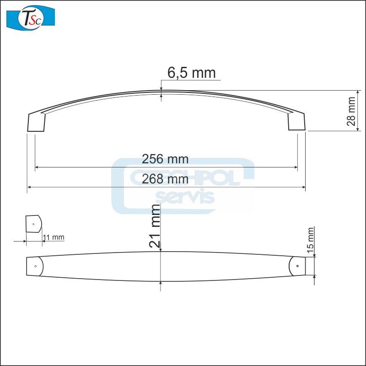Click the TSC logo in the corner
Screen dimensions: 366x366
pyautogui.click(x=31, y=17)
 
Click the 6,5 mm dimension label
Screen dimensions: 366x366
pyautogui.click(x=191, y=73)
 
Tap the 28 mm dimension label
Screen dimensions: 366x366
pyautogui.click(x=351, y=111)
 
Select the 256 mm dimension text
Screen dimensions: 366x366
pyautogui.click(x=165, y=159)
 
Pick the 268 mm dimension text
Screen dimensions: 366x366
pyautogui.click(x=165, y=179)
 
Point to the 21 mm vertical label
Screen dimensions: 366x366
pyautogui.click(x=156, y=226)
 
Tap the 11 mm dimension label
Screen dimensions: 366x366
pyautogui.click(x=54, y=237)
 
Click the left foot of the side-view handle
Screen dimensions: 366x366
pyautogui.click(x=37, y=123)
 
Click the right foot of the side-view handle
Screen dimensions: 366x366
pyautogui.click(x=296, y=121)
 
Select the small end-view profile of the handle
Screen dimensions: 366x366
pyautogui.click(x=33, y=224)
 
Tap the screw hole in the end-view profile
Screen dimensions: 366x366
pyautogui.click(x=33, y=224)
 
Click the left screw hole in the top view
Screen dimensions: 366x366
pyautogui.click(x=35, y=265)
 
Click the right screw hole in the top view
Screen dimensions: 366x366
pyautogui.click(x=297, y=266)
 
